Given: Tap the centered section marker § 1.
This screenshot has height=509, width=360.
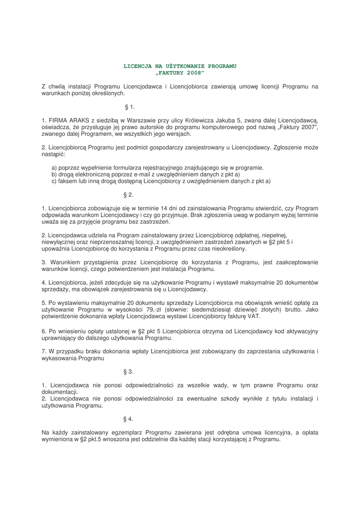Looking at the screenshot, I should (x=129, y=106).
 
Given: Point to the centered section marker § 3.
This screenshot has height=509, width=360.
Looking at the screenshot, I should (x=128, y=371).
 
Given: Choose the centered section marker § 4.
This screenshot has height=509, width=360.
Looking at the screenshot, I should (x=128, y=419).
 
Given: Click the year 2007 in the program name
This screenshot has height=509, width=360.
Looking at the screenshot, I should (x=308, y=127).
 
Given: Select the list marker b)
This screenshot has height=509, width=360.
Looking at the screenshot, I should (x=55, y=174).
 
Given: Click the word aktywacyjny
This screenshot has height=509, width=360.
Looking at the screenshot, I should (x=297, y=331).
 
